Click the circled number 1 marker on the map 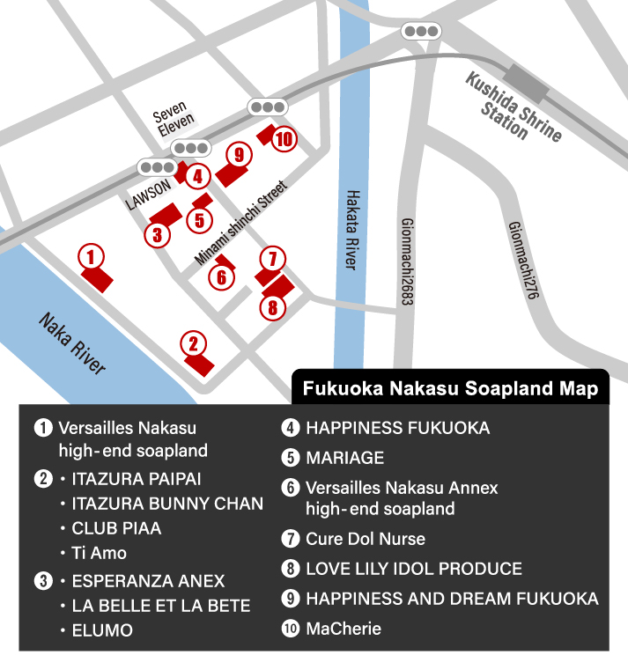(91, 257)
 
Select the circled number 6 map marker (222, 276)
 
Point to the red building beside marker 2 (200, 362)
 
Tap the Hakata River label (354, 230)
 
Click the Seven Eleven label (173, 122)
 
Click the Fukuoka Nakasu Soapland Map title (450, 388)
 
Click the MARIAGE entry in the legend (344, 458)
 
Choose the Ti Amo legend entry (100, 553)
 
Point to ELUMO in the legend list (102, 630)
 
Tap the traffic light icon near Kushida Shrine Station (420, 32)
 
